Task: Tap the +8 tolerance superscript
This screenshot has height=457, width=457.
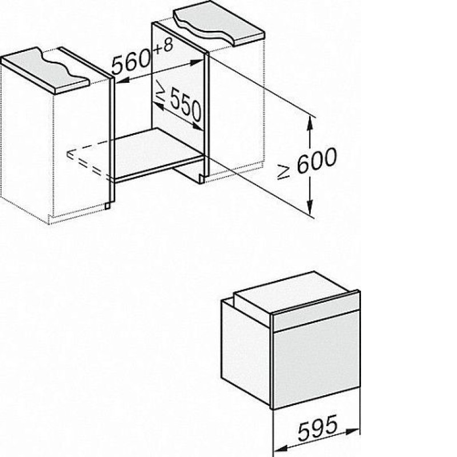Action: (163, 47)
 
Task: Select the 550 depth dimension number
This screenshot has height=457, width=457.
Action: (186, 105)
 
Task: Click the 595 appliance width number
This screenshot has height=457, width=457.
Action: (318, 428)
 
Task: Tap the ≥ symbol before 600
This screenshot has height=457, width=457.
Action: (283, 171)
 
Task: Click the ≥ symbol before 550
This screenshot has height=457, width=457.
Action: (160, 89)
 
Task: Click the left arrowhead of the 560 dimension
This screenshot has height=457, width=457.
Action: (122, 81)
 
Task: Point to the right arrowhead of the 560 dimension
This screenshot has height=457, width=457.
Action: (197, 62)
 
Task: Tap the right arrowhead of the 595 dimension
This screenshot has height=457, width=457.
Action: (352, 431)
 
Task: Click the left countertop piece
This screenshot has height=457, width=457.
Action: (45, 70)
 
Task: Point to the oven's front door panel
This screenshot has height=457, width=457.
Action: (316, 360)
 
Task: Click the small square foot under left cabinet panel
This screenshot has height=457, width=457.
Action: (108, 206)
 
